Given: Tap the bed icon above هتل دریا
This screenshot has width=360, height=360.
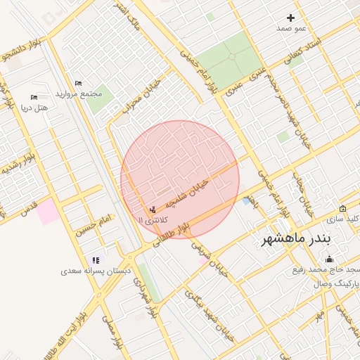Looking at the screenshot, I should coord(34,97).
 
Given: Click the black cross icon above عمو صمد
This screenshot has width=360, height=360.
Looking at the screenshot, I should coord(291,18).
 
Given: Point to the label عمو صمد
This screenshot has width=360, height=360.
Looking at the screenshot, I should coord(293,27).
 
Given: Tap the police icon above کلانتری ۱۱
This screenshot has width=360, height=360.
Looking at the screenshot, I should coord(153,210).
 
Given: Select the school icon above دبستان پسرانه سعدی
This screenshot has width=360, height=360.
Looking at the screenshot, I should coord(96,260).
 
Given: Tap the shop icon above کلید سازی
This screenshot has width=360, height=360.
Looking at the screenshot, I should coord(342,209).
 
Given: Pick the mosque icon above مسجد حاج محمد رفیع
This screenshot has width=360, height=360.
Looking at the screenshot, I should coord(330,259).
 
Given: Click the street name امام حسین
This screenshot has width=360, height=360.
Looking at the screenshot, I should coord(96,226).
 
